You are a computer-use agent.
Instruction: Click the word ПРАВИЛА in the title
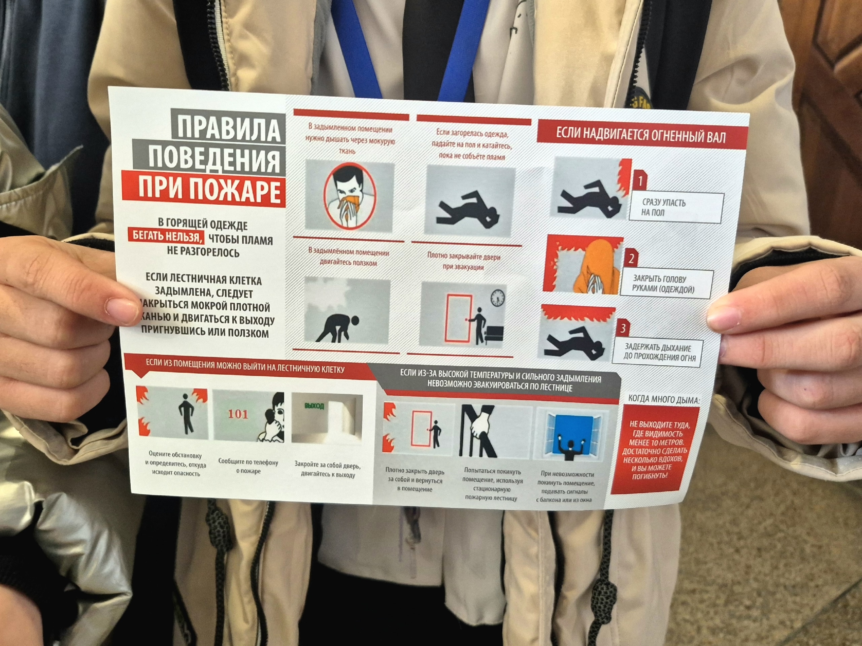click(229, 128)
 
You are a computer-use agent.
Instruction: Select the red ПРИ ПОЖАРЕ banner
click(203, 190)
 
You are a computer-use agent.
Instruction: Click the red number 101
click(238, 414)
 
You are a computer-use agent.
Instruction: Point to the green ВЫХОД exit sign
click(314, 406)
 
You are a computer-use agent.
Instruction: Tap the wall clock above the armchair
click(498, 298)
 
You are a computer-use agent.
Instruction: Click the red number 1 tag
click(639, 180)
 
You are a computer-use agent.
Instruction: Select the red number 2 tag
click(631, 258)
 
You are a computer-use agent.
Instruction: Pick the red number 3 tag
click(622, 328)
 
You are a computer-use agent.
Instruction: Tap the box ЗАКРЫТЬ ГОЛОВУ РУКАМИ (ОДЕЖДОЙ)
click(666, 283)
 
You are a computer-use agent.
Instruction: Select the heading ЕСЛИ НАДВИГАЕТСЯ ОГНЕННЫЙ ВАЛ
click(641, 136)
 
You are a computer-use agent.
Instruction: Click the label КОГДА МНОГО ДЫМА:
click(664, 399)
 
